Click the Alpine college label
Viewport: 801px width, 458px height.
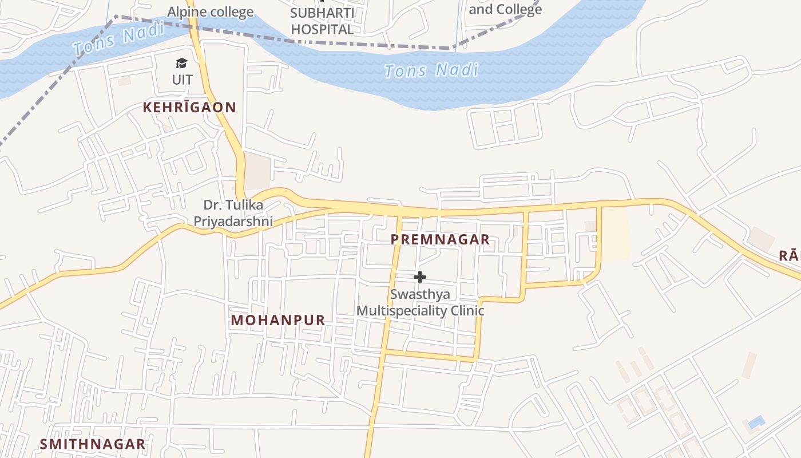(x=210, y=12)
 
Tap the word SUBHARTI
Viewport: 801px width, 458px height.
(x=322, y=13)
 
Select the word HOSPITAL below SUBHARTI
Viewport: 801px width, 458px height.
(x=322, y=29)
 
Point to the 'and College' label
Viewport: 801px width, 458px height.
(x=505, y=9)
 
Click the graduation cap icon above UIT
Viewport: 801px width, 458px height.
(x=181, y=64)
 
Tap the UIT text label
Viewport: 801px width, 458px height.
(x=183, y=80)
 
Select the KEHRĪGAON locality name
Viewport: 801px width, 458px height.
(x=189, y=107)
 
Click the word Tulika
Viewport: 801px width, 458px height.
(x=244, y=205)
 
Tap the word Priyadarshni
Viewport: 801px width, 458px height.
(x=233, y=221)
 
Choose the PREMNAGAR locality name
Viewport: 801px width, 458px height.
(x=440, y=239)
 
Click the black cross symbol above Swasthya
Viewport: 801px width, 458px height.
(x=420, y=277)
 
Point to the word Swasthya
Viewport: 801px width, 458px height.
(x=420, y=294)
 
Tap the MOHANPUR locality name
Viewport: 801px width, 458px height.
(x=278, y=320)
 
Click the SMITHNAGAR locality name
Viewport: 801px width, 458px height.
(x=92, y=444)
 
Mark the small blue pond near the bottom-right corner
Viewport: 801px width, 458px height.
(x=756, y=423)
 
